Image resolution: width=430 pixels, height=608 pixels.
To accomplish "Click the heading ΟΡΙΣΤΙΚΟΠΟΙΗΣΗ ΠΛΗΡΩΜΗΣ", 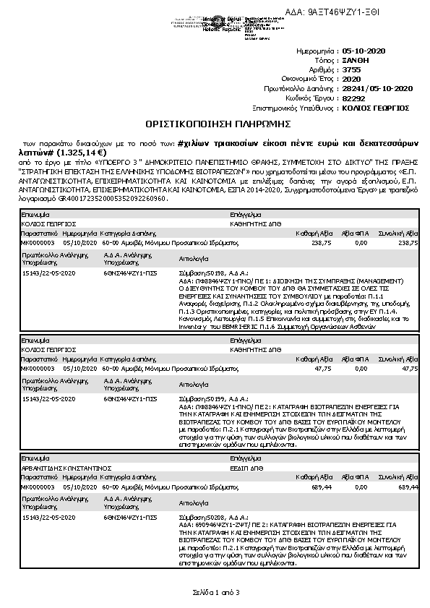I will coord(215,124).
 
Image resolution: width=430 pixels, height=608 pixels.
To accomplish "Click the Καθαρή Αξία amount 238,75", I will coord(321,243).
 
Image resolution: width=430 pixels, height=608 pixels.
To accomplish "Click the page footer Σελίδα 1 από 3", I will coord(215,592).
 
